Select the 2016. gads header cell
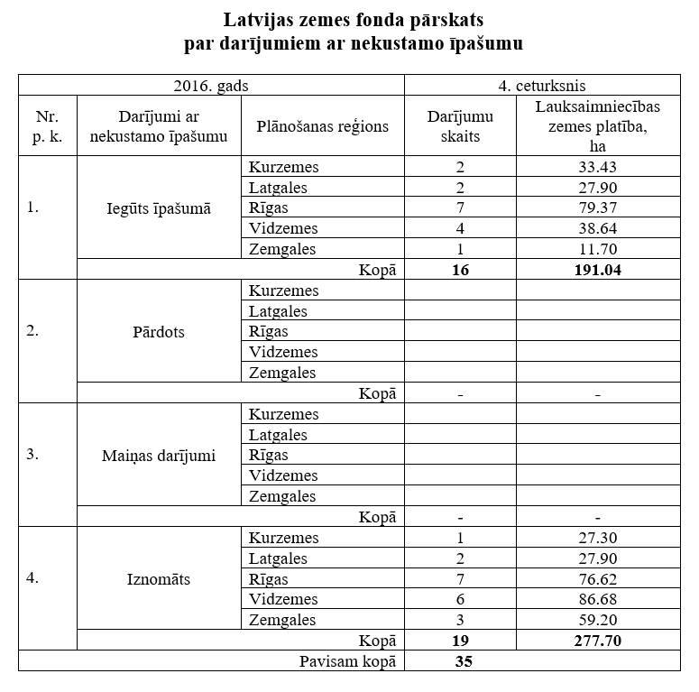coord(211,86)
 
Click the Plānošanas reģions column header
coord(322,126)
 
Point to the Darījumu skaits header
coord(460,126)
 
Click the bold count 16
coord(460,270)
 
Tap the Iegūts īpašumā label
coord(159,208)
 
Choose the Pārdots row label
coord(159,331)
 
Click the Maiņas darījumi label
coord(159,456)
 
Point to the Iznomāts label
coord(159,578)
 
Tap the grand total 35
coord(460,661)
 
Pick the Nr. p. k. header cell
coord(48,126)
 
